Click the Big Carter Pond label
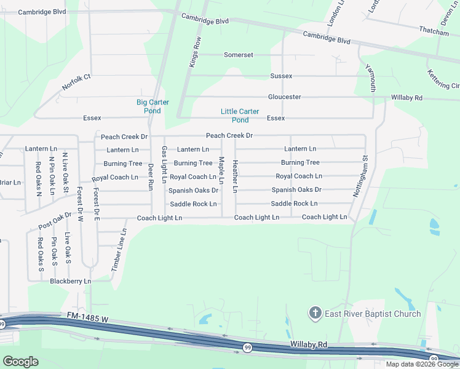pos(153,106)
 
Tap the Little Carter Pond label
pos(240,116)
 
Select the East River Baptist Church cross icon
pos(315,314)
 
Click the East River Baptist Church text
pos(373,314)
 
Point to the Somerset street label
pos(239,55)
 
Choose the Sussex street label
pos(281,76)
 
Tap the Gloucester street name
pos(284,97)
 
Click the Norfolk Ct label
pos(76,82)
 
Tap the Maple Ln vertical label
pos(221,170)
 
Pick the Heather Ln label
pos(236,177)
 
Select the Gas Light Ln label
pos(164,165)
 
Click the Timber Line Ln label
pos(119,250)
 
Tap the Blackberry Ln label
pos(70,281)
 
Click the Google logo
pos(20,362)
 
